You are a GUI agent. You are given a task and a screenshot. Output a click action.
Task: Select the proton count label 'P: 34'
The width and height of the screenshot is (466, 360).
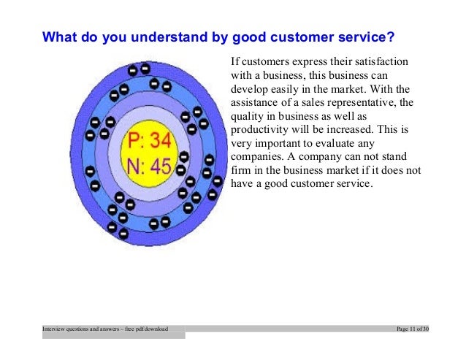150,140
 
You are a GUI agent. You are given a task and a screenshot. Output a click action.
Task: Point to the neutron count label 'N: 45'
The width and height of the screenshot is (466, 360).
150,166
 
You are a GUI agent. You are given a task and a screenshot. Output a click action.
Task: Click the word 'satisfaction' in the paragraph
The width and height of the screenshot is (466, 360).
380,61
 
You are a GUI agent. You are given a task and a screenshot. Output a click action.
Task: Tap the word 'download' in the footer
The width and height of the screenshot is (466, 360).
157,330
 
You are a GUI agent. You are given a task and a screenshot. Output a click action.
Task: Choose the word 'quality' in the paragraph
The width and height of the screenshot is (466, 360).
246,117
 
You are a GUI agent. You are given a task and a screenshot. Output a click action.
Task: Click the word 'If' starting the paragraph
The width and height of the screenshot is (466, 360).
234,61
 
